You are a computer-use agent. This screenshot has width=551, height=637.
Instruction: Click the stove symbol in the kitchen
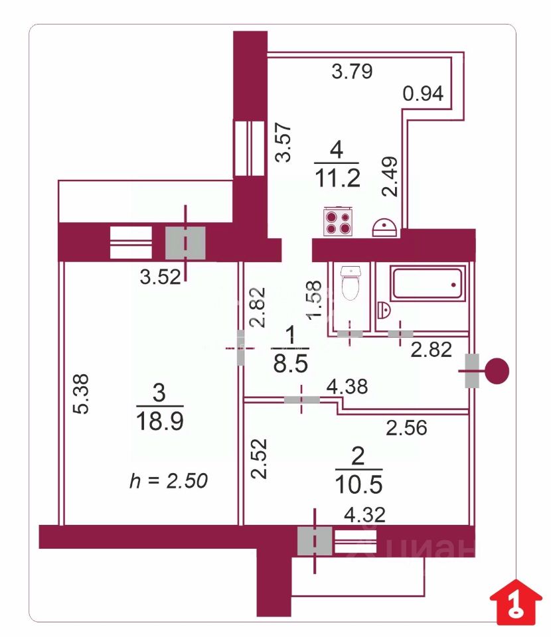tap(338, 222)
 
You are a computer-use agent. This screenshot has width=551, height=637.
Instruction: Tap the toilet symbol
tap(351, 283)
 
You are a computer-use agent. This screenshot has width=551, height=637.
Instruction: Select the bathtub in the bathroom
tap(428, 283)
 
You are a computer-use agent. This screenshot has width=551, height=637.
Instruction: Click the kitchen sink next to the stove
tap(384, 228)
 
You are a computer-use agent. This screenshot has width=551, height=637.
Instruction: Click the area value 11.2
tap(337, 178)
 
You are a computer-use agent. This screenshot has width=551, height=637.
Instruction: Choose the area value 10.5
tap(358, 484)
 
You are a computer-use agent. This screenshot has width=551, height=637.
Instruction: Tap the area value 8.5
tap(291, 363)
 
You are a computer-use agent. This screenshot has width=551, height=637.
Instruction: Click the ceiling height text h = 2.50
tap(169, 480)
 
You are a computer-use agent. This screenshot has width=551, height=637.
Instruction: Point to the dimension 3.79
tap(352, 71)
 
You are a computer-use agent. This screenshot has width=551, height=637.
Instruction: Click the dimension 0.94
tap(423, 94)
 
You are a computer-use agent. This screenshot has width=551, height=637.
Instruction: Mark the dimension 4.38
tap(347, 386)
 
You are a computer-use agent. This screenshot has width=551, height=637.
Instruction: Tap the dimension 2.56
tap(406, 428)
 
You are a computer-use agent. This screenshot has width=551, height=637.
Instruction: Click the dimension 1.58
tap(315, 300)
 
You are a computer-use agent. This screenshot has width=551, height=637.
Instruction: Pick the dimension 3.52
tap(160, 277)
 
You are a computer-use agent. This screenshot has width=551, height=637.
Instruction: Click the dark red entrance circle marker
tap(497, 371)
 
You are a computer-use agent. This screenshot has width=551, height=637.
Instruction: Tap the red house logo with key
tap(516, 602)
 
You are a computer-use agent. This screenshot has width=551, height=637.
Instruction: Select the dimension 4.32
tap(364, 515)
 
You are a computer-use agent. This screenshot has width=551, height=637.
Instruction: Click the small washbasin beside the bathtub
tap(383, 311)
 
